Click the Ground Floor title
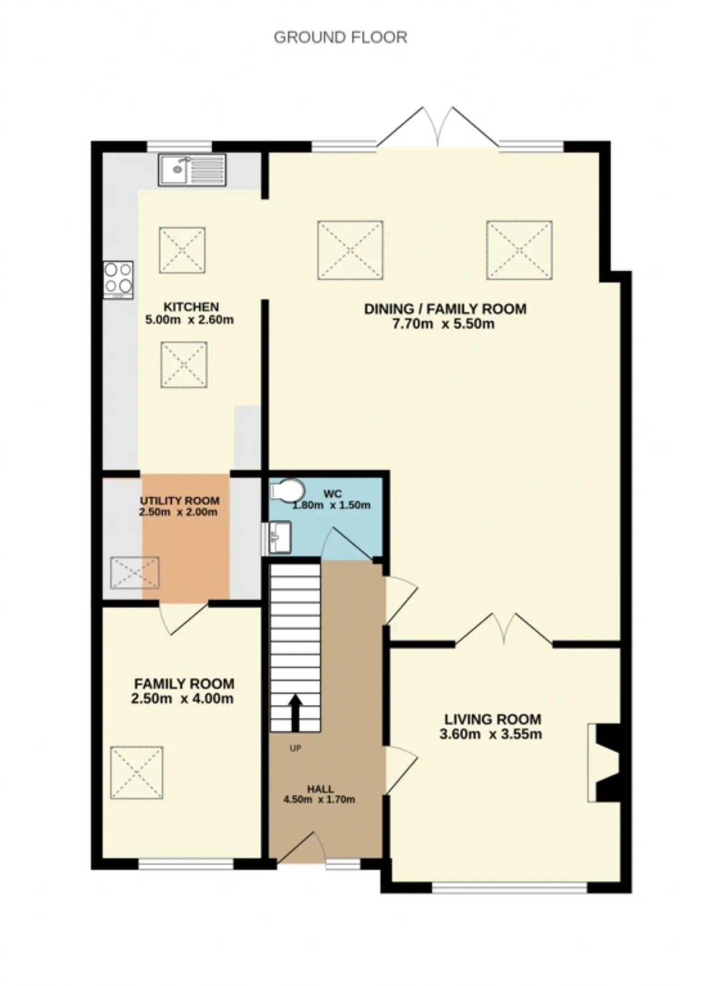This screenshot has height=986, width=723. (340, 37)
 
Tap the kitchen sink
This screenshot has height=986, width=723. (192, 170)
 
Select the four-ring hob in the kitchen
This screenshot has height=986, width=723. (118, 280)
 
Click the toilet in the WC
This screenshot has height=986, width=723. (288, 490)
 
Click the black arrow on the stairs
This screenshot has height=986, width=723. (295, 714)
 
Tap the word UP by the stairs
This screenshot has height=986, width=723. (295, 748)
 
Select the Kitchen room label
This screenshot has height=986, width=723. (191, 307)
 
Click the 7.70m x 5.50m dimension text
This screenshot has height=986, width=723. (444, 324)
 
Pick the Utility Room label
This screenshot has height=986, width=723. (180, 501)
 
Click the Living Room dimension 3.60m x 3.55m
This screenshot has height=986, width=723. (491, 734)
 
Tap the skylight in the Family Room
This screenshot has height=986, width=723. (137, 773)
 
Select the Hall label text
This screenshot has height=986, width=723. (320, 789)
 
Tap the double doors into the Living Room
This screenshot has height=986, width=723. (504, 628)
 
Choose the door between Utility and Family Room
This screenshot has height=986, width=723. (182, 618)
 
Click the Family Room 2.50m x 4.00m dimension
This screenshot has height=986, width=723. (182, 699)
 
